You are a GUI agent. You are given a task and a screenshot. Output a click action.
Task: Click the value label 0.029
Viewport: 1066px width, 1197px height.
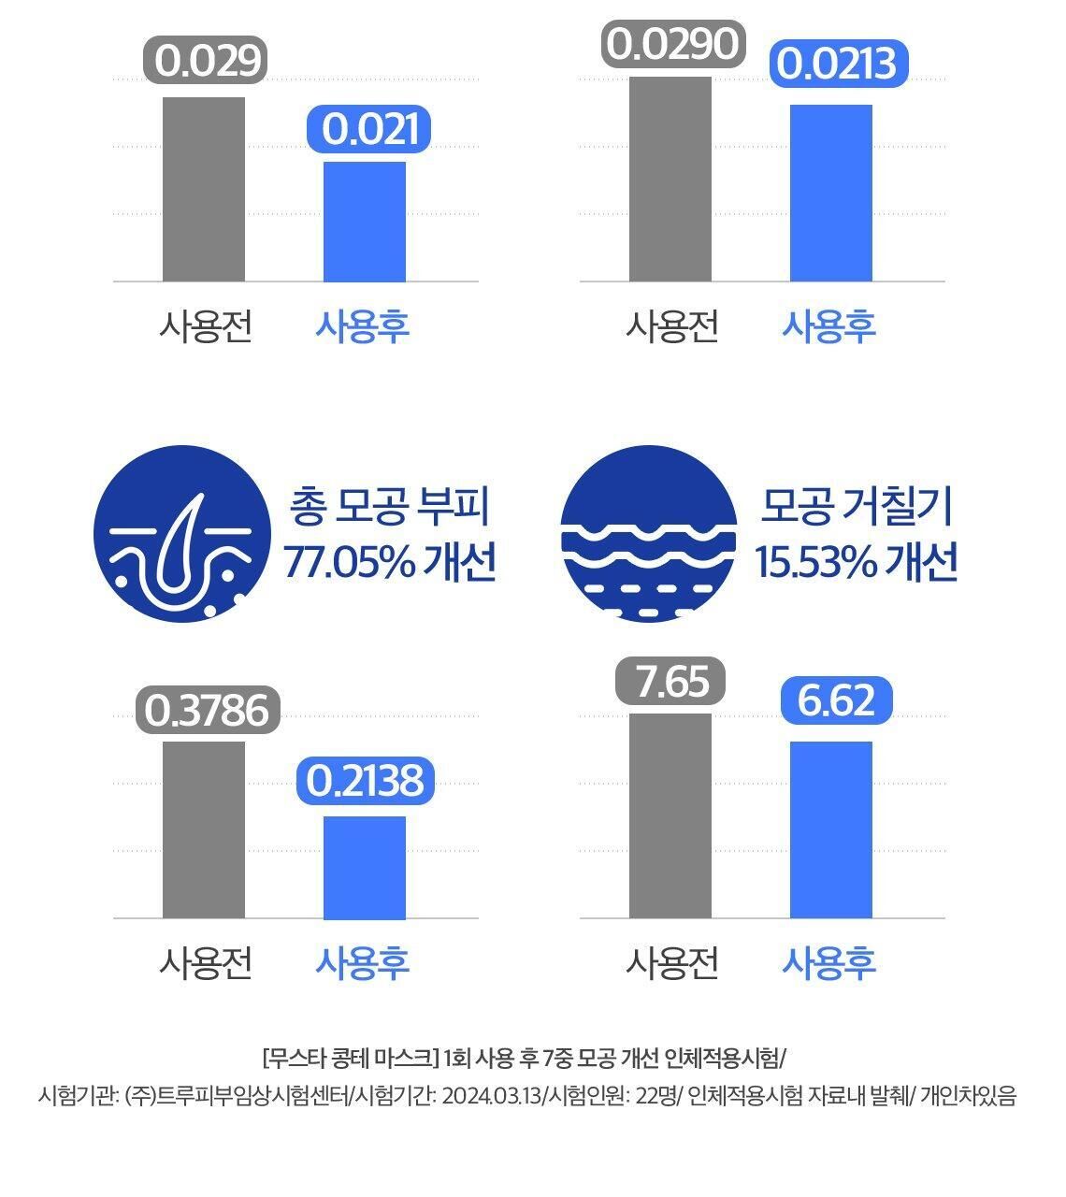[206, 60]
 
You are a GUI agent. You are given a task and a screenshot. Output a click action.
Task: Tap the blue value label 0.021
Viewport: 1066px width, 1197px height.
[368, 129]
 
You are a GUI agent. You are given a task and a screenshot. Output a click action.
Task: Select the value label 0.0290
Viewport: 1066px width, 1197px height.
[671, 44]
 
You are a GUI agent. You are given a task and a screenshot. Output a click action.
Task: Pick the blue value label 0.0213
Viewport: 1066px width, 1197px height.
[838, 65]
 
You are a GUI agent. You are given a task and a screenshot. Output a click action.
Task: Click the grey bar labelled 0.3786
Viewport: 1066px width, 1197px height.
[204, 829]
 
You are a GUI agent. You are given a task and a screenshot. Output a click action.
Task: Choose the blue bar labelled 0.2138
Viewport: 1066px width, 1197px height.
[365, 867]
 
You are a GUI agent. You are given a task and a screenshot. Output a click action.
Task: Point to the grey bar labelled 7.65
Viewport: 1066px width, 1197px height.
[670, 815]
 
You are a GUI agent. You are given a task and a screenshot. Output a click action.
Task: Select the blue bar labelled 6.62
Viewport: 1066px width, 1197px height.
[831, 829]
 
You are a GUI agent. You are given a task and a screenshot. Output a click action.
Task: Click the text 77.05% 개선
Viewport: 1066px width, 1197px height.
[389, 564]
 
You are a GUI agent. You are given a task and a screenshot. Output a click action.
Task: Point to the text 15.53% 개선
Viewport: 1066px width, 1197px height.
[857, 564]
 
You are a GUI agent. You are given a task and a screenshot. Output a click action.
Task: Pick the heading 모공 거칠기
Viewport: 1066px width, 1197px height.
[857, 508]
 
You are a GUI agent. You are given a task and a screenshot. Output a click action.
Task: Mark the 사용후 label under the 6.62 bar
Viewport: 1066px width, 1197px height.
[828, 962]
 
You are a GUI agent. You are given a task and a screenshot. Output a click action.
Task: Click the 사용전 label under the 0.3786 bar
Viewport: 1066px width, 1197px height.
[206, 962]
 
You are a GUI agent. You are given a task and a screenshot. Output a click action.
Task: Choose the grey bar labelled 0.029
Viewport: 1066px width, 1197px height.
[204, 189]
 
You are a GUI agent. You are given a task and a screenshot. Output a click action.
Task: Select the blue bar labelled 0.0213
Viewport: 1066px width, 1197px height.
[831, 193]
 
